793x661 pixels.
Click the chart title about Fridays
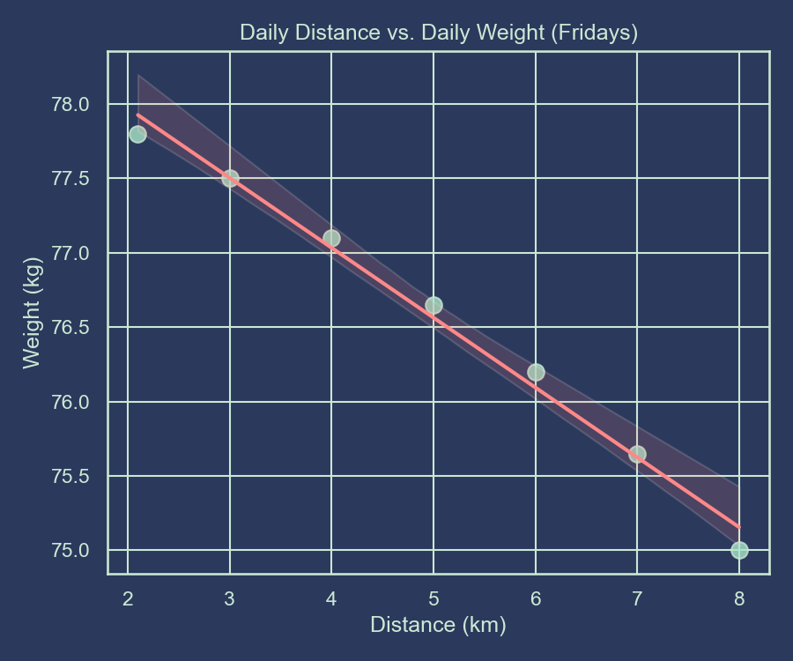[x=438, y=33]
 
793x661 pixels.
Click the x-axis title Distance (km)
[x=438, y=625]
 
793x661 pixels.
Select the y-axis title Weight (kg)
[x=32, y=314]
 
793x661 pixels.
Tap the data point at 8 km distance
[x=739, y=550]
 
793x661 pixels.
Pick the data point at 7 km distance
[x=637, y=454]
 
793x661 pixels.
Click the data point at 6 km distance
[x=536, y=372]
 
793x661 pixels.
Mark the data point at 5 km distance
[x=434, y=305]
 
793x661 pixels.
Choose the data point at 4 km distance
[x=331, y=238]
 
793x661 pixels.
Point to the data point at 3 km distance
[x=230, y=178]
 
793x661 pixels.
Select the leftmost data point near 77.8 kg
[x=137, y=134]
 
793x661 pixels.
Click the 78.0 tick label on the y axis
[x=72, y=105]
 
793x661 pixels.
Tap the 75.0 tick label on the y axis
[x=72, y=551]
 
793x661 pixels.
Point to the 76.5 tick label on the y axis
[x=72, y=328]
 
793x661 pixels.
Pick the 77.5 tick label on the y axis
[x=72, y=179]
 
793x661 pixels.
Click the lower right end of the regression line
[x=739, y=527]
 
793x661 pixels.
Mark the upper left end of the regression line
[x=138, y=115]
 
